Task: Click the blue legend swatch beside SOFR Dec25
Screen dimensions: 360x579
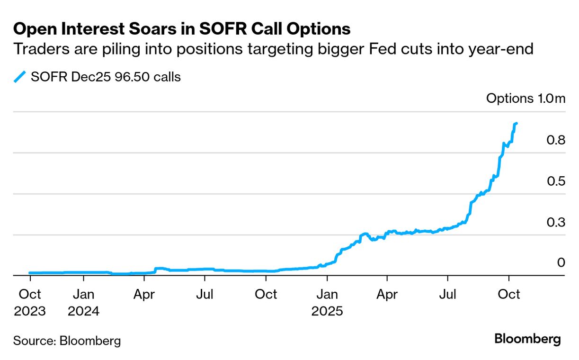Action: pos(19,77)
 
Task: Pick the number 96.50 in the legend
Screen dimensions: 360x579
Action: pos(123,77)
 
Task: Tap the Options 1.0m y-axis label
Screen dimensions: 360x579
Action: pos(526,99)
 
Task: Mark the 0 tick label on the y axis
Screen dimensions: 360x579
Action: pos(561,262)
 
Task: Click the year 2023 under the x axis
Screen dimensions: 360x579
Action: pos(30,311)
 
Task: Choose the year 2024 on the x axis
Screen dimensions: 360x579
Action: pos(84,311)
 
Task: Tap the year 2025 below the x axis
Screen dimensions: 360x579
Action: pos(327,311)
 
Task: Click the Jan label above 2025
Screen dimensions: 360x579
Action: pos(327,295)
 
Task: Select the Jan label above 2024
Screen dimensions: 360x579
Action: pos(84,295)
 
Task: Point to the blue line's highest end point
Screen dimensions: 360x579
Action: pos(517,123)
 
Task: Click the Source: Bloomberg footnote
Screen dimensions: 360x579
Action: pos(67,340)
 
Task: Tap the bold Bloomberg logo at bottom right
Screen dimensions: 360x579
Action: pos(527,339)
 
